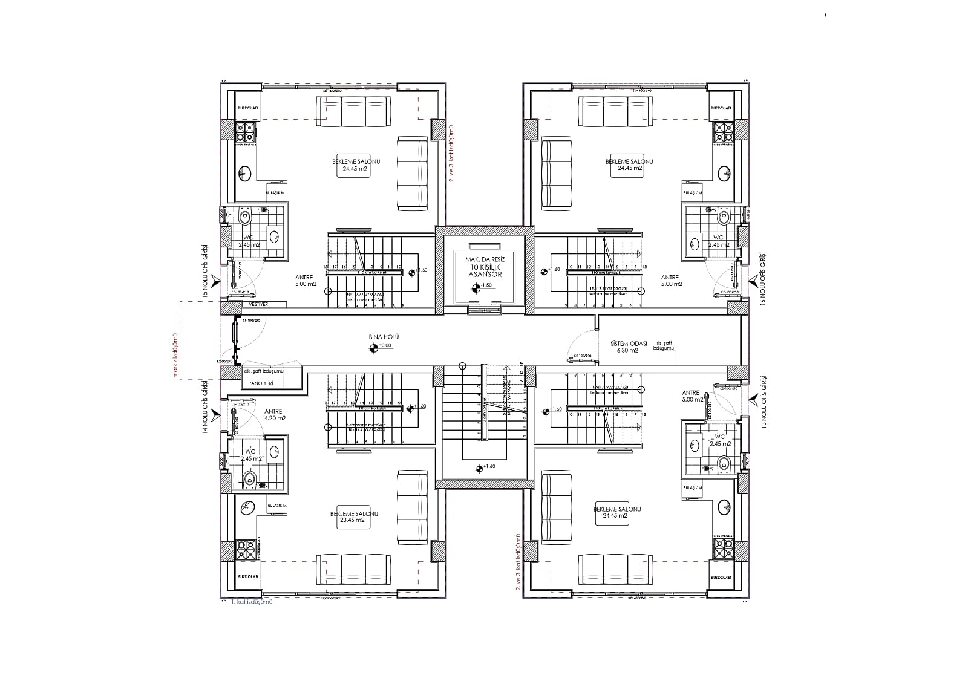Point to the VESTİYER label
tap(258, 304)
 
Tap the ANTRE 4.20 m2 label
tap(274, 414)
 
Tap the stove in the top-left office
tap(244, 132)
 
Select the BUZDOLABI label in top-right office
tap(721, 108)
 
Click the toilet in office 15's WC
tap(245, 217)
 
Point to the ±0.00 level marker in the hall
tap(373, 347)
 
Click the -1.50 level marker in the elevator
tap(476, 289)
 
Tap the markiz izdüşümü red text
tap(175, 354)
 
